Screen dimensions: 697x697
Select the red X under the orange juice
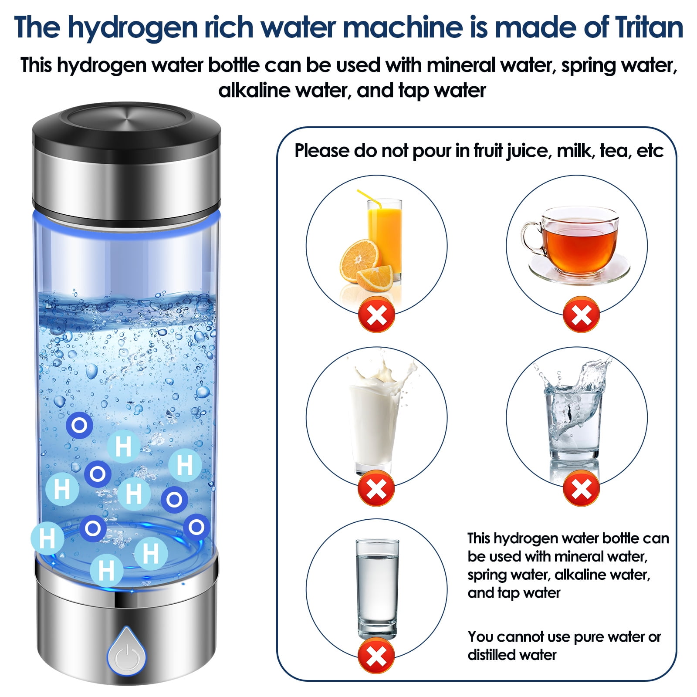[376, 315]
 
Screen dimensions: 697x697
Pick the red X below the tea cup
[581, 315]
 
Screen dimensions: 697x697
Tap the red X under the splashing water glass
[581, 488]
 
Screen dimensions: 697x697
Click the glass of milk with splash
[375, 418]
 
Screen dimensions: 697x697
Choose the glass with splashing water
[573, 418]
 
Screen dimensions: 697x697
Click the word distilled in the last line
[492, 655]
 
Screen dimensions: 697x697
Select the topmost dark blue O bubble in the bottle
[79, 425]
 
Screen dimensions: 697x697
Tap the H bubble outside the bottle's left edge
[47, 538]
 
